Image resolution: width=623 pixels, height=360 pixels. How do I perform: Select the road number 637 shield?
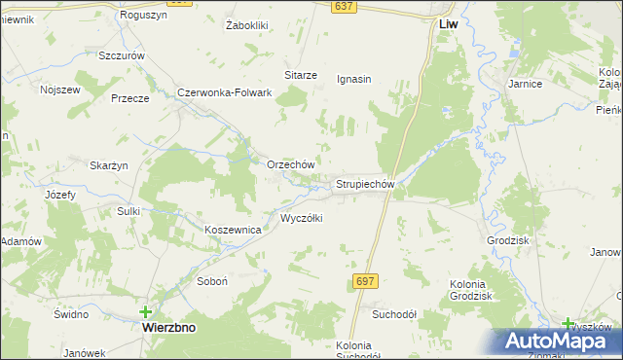point(342,7)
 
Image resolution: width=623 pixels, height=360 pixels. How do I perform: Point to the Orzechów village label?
point(290,164)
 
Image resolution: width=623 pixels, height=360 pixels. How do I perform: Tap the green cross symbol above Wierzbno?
point(146,312)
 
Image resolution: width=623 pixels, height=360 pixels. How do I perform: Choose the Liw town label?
point(449,22)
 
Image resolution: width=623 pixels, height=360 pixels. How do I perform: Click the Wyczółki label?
point(301,218)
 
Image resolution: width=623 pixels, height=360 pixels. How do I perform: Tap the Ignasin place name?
point(354,79)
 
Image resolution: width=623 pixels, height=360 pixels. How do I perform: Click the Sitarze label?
point(301,75)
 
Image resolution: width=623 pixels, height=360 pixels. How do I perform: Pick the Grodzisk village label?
point(507,239)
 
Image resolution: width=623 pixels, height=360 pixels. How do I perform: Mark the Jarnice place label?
point(525,85)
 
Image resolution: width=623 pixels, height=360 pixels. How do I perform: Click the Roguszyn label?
point(143,16)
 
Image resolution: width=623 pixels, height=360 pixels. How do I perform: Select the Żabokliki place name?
point(246,24)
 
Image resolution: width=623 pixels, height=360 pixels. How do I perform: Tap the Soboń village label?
point(211,280)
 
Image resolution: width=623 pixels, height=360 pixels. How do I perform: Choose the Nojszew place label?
point(58,90)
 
